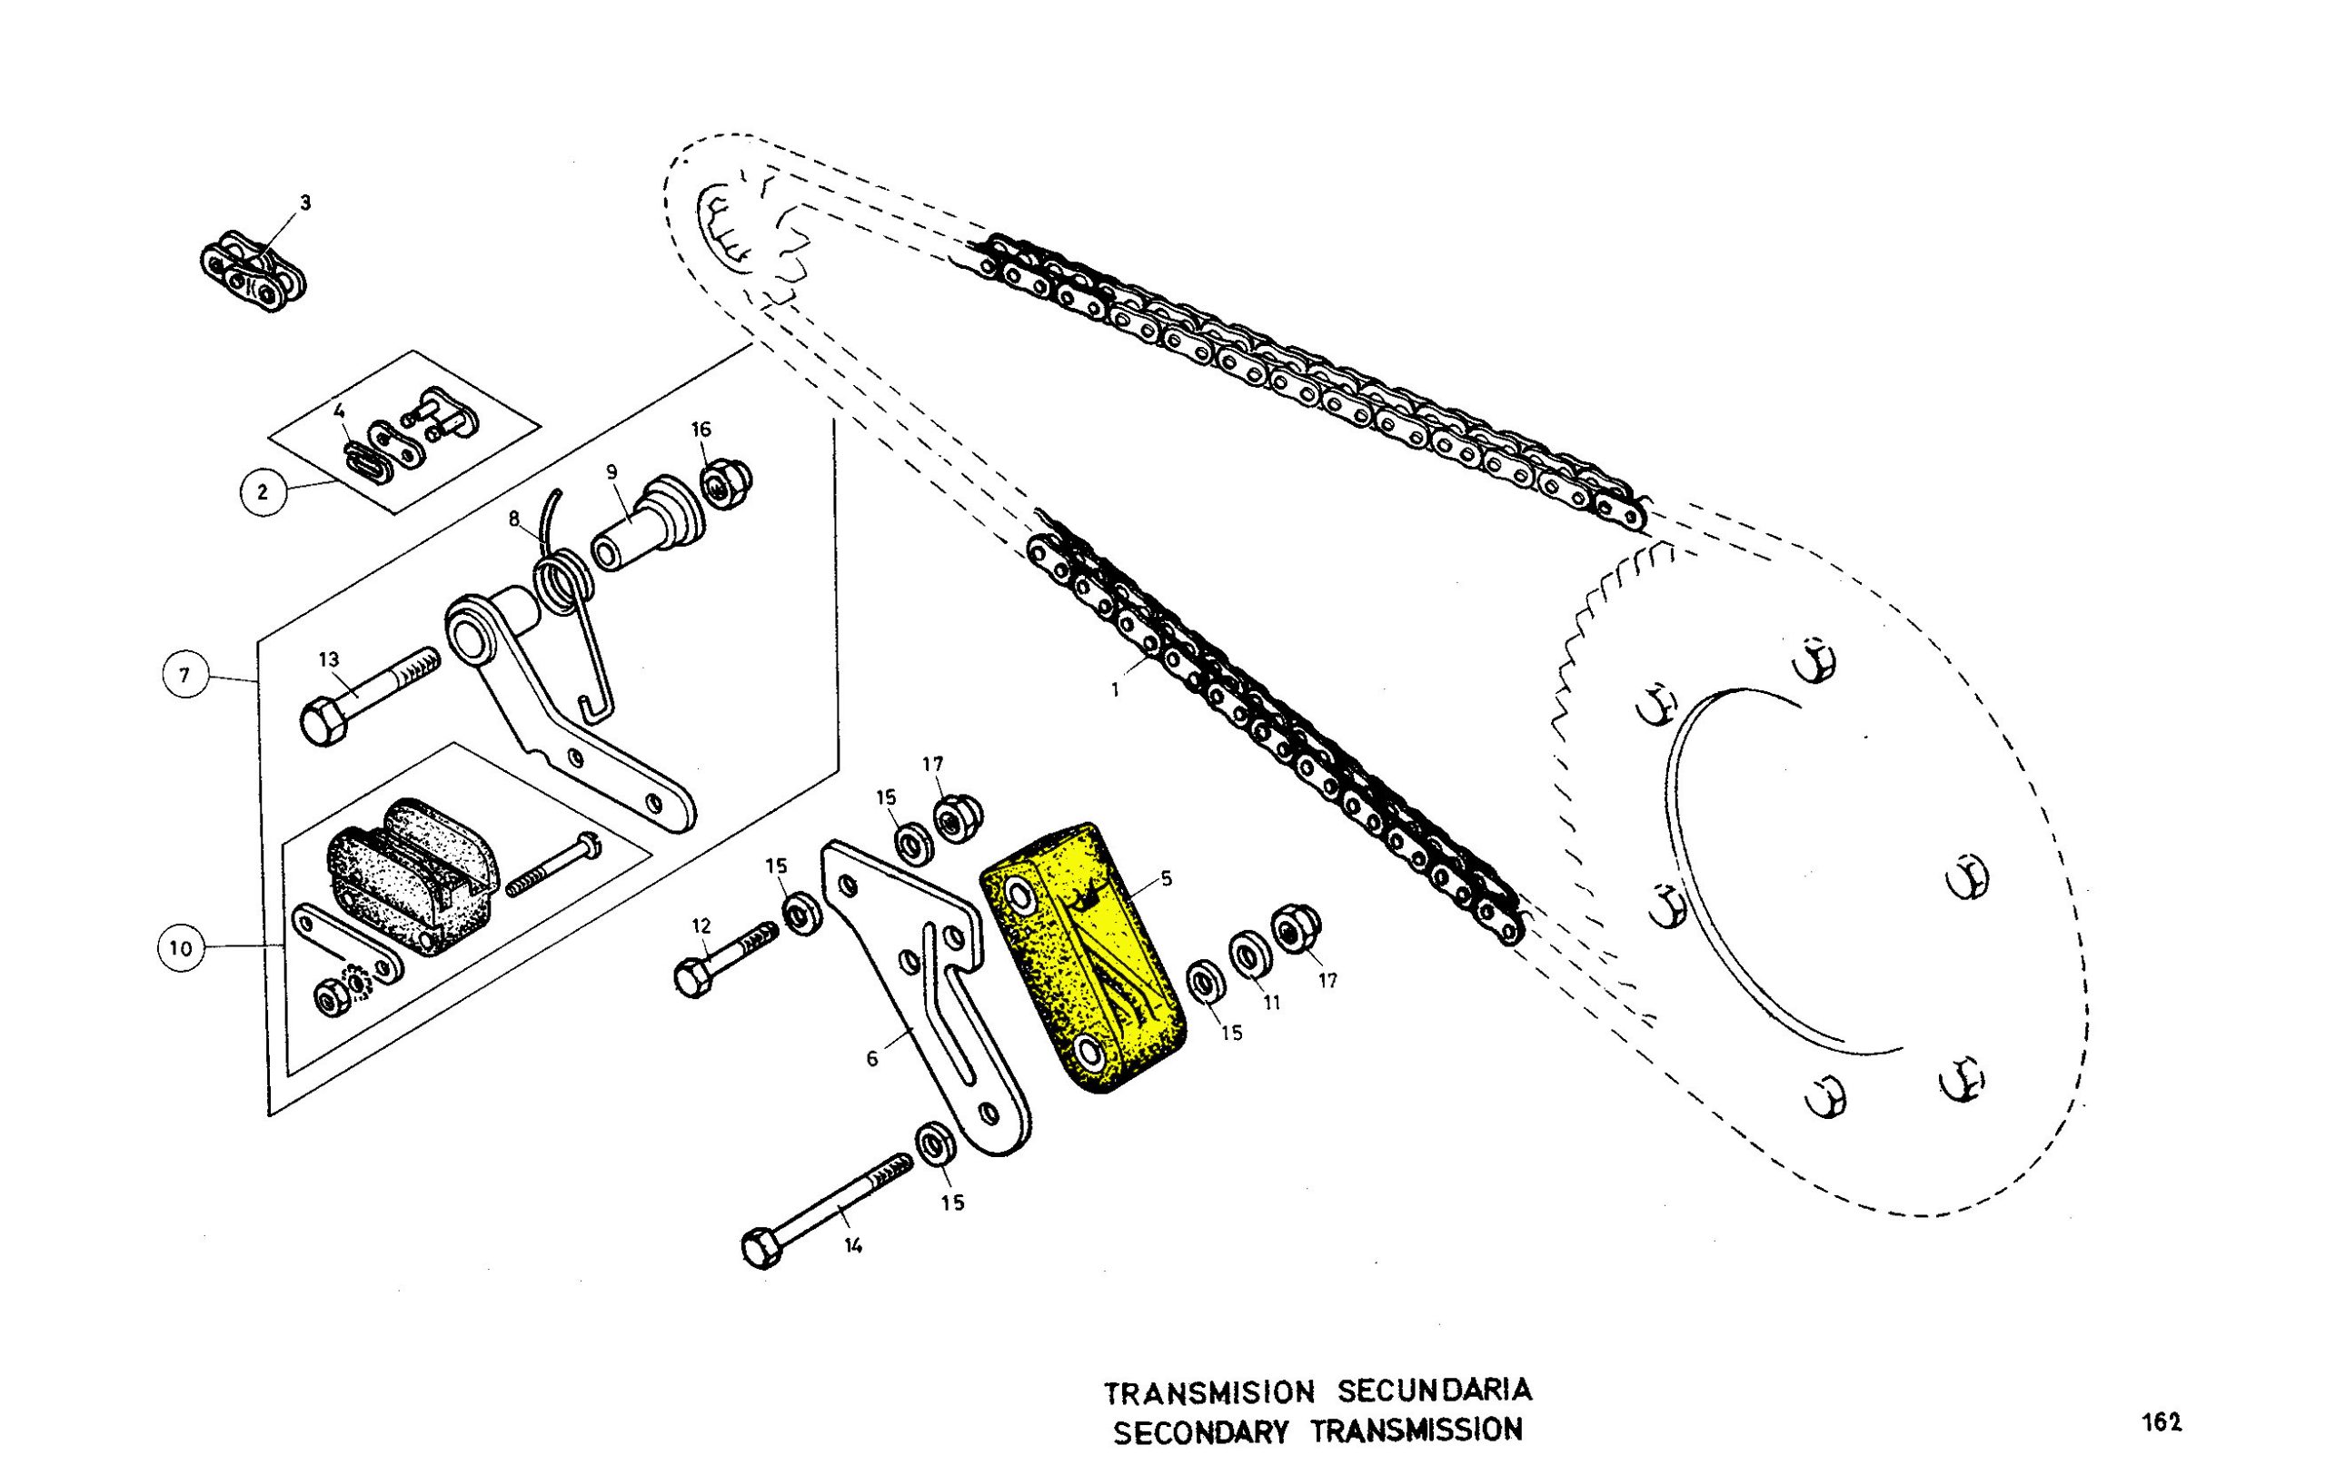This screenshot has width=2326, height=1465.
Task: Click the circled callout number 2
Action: click(x=262, y=492)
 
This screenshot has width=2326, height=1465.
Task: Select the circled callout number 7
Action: click(x=185, y=675)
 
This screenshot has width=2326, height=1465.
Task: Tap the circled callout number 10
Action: click(x=182, y=947)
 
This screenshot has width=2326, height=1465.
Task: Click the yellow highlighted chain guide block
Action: click(x=1082, y=956)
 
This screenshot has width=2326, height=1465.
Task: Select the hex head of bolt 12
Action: click(x=691, y=979)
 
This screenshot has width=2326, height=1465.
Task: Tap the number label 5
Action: click(x=1167, y=879)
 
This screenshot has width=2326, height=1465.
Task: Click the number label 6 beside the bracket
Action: click(x=871, y=1059)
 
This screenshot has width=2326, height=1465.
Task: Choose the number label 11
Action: click(x=1272, y=1003)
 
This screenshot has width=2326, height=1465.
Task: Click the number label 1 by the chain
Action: click(x=1116, y=690)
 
